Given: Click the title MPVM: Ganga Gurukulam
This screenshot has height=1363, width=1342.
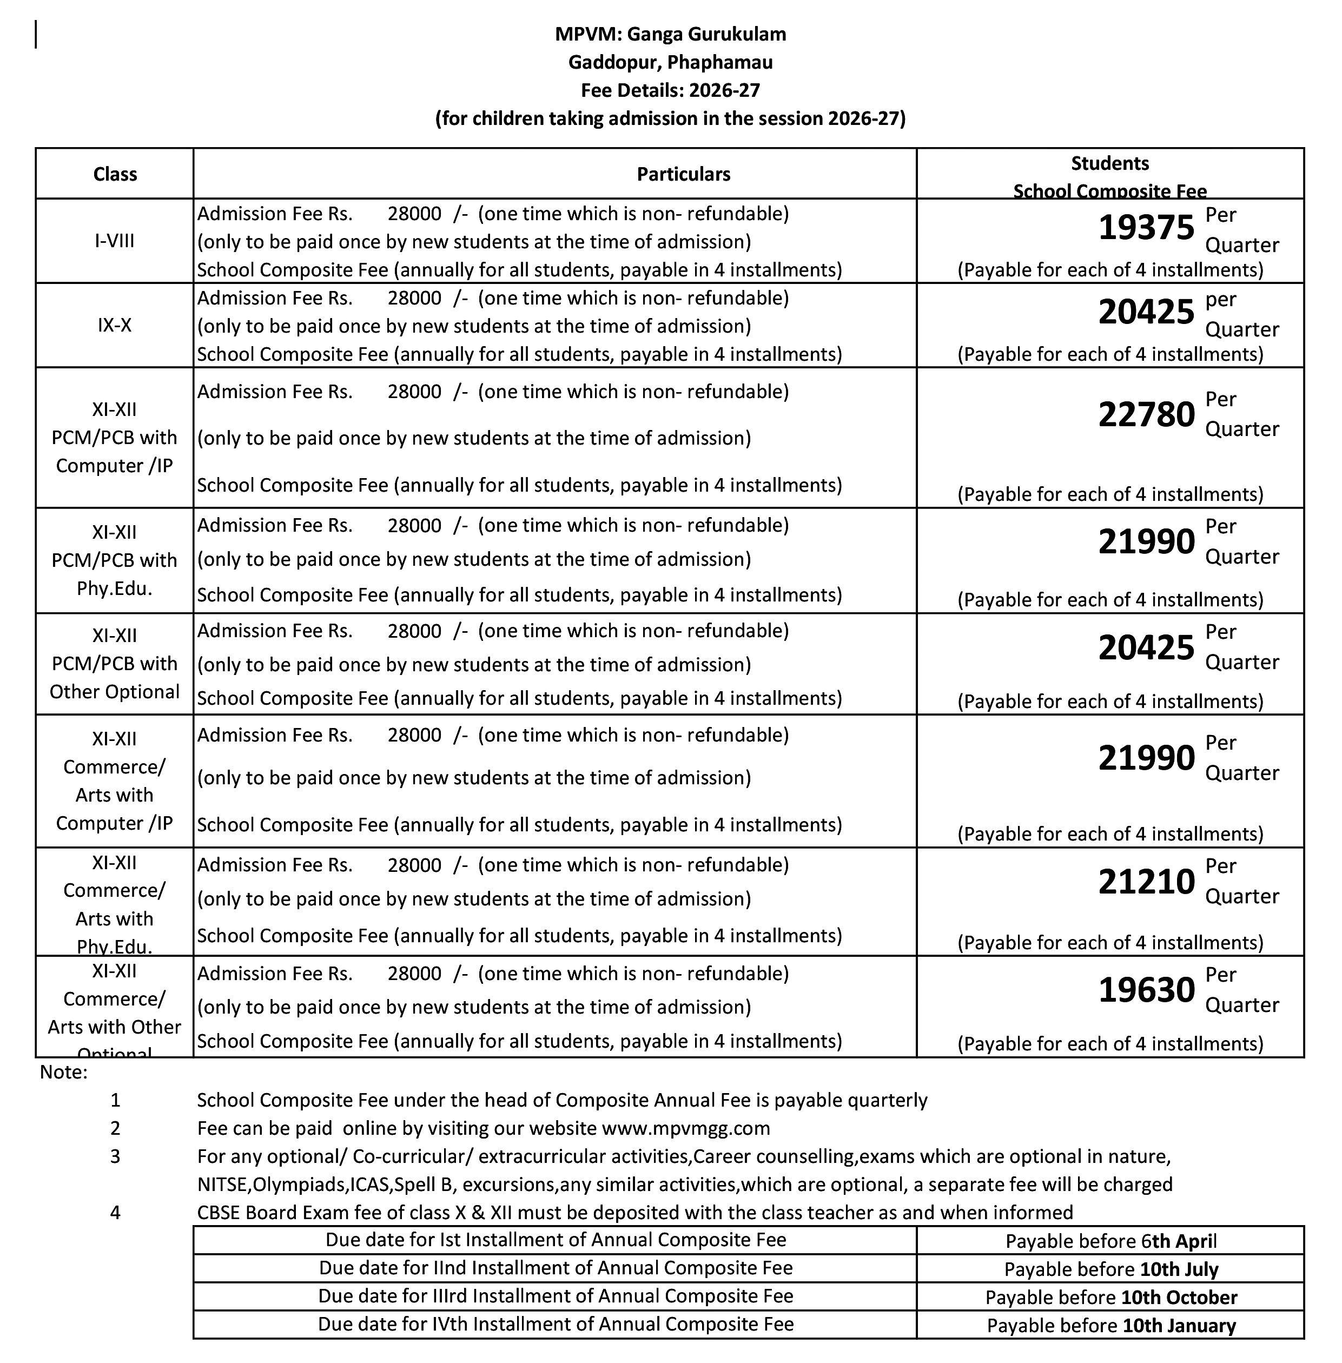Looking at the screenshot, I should point(670,34).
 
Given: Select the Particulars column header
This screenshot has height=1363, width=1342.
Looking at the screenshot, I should point(683,174).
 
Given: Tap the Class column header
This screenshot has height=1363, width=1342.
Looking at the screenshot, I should point(115,174).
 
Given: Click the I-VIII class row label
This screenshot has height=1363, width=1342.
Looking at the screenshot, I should point(115,241).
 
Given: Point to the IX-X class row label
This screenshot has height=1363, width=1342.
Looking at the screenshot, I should point(115,325).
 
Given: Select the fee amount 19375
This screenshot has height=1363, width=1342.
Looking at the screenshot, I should point(1146,228).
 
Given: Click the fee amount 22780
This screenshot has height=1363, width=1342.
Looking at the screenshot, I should point(1146,414).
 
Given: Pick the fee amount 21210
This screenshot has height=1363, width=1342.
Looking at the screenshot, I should point(1146,882).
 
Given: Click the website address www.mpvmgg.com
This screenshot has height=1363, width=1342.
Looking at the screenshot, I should point(685,1128).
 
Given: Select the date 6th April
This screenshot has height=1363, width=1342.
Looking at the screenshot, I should point(1179,1241).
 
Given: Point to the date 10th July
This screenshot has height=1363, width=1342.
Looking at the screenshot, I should point(1179,1269).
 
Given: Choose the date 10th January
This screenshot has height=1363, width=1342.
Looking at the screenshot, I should point(1179,1326).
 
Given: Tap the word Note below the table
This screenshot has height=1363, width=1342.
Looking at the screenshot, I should point(63,1073).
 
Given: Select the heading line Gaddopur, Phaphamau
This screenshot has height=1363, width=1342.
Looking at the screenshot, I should point(670,62).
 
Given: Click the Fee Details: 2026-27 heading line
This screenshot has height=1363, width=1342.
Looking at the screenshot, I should point(670,90).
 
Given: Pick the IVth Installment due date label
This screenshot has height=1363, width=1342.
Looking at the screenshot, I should point(556,1324).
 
